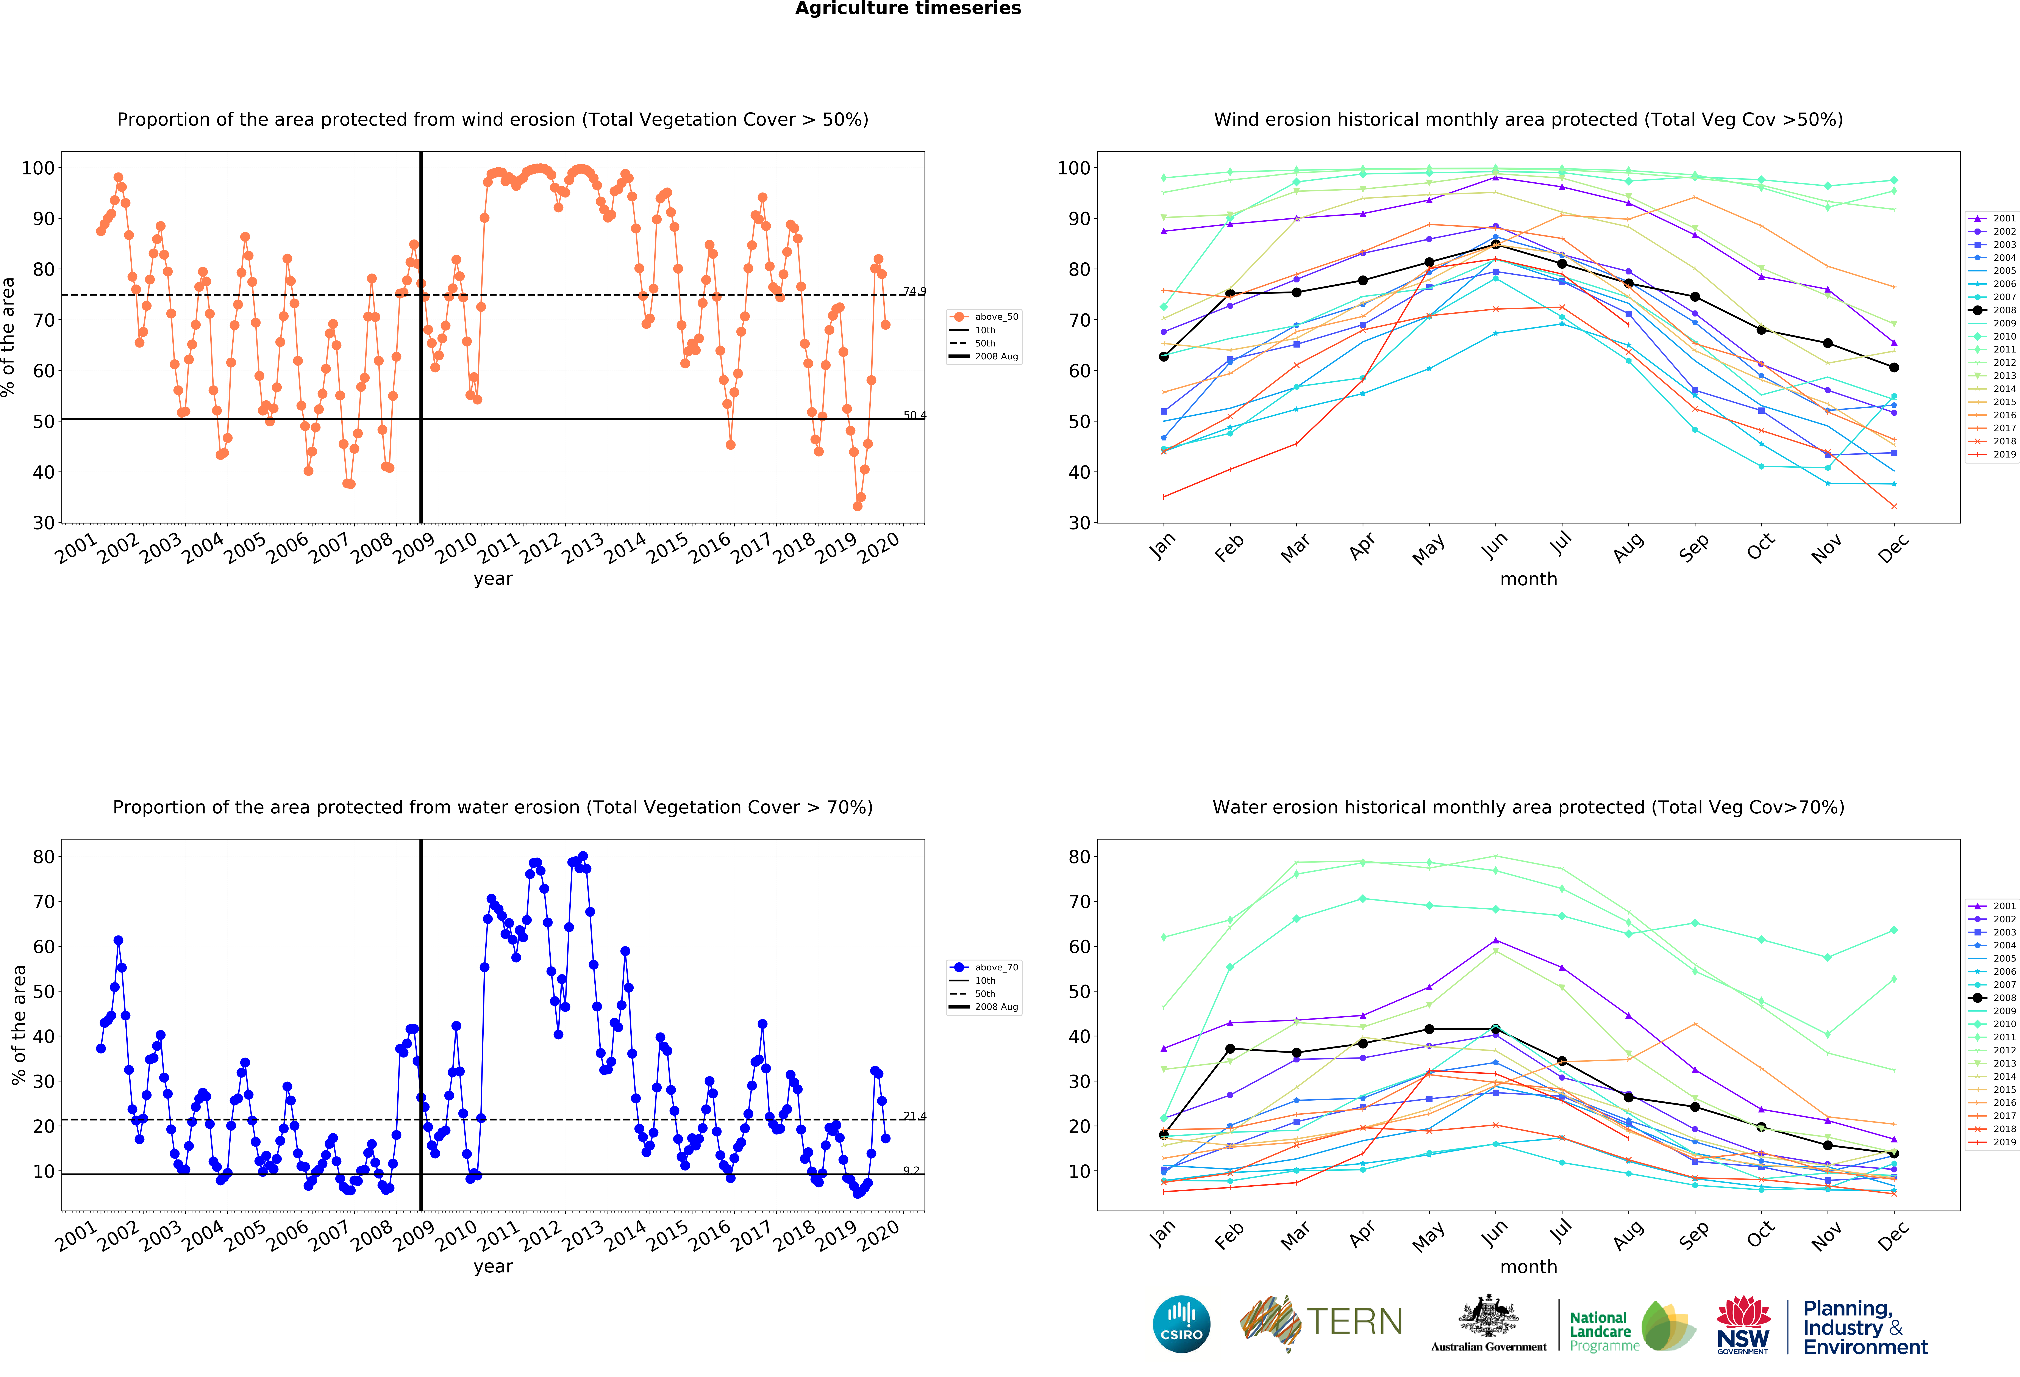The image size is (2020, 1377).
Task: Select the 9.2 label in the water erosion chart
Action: point(911,1171)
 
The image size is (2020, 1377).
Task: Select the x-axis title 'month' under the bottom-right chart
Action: point(1528,1267)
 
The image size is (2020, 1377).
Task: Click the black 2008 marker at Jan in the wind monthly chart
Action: point(1164,356)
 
